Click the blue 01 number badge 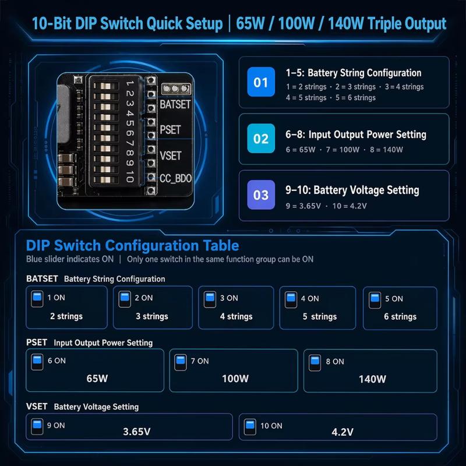(x=261, y=82)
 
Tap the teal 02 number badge (x=261, y=139)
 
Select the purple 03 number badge (x=261, y=195)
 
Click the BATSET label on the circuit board (x=175, y=104)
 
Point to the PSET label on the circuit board (x=170, y=130)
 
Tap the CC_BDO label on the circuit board (x=176, y=178)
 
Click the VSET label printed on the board (x=170, y=156)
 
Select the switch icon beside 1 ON (x=37, y=299)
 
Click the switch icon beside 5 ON (x=375, y=300)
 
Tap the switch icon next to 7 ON (x=181, y=362)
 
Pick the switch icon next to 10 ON (x=250, y=427)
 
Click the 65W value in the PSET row (x=97, y=378)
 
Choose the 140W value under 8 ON (x=372, y=379)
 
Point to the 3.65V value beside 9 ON (x=137, y=432)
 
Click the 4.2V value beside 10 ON (x=343, y=432)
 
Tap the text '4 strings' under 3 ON (x=236, y=316)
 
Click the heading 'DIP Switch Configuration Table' (x=133, y=245)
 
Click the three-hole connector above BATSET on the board (x=176, y=89)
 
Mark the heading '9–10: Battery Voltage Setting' (x=352, y=190)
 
